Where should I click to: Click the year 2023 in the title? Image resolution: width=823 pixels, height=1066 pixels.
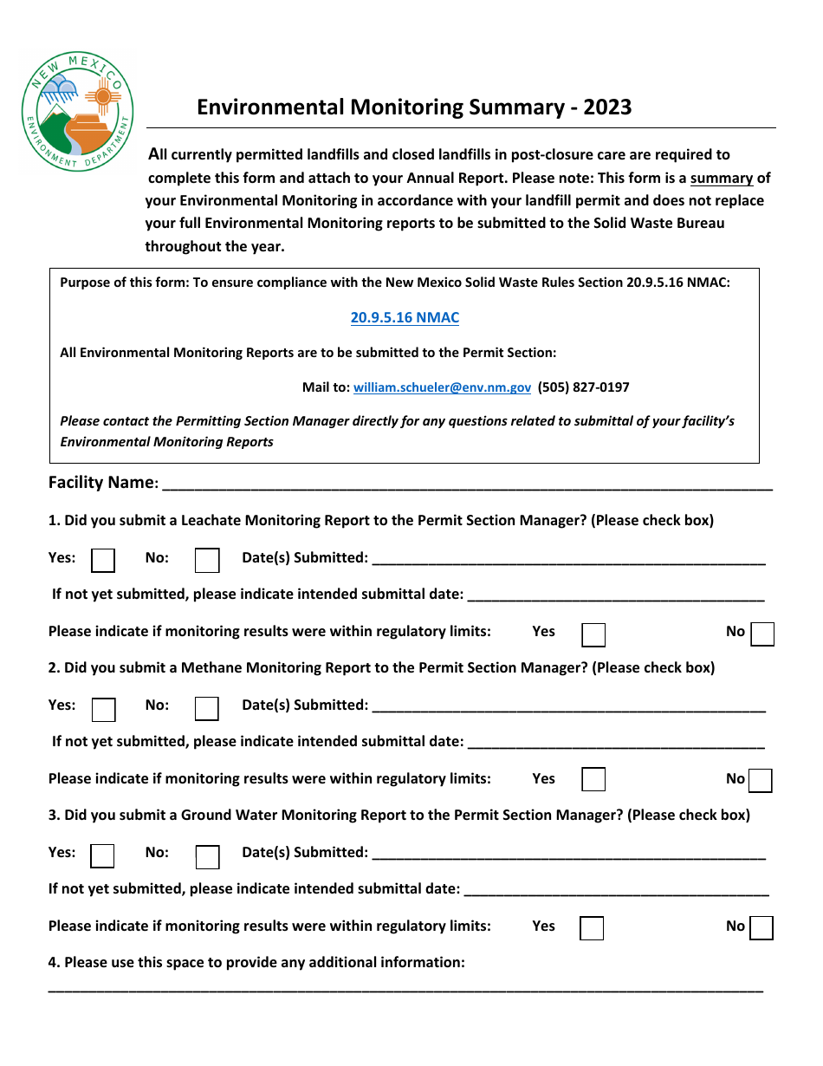(x=606, y=107)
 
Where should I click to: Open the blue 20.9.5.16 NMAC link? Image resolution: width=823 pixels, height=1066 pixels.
(x=405, y=317)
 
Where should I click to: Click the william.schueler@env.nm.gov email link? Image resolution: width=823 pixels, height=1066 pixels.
(x=442, y=387)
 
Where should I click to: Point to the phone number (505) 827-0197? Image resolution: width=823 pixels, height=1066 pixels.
(x=583, y=387)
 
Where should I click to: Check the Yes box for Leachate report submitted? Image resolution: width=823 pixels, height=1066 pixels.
(x=103, y=561)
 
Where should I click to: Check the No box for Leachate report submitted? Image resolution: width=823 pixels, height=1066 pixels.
(x=207, y=561)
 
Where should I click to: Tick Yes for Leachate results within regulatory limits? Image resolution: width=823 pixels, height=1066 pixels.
(x=593, y=635)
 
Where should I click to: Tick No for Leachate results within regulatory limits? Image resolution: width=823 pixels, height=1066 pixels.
(x=762, y=635)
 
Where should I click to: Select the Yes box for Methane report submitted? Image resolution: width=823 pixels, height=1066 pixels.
(x=103, y=709)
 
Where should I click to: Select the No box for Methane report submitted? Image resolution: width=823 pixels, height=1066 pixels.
(x=207, y=709)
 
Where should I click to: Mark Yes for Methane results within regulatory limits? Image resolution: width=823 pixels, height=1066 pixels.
(x=593, y=780)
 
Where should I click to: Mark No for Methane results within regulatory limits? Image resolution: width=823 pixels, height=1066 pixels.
(x=761, y=782)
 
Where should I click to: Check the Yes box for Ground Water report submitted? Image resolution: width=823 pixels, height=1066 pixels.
(x=102, y=856)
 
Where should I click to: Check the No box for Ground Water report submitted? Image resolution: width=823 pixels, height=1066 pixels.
(x=207, y=857)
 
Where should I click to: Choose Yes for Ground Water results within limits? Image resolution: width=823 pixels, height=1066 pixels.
(x=592, y=929)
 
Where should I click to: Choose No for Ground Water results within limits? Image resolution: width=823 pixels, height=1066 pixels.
(x=761, y=928)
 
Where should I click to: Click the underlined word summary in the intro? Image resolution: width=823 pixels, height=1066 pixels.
(x=721, y=179)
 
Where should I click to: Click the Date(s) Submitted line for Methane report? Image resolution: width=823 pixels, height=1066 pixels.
(x=567, y=706)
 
